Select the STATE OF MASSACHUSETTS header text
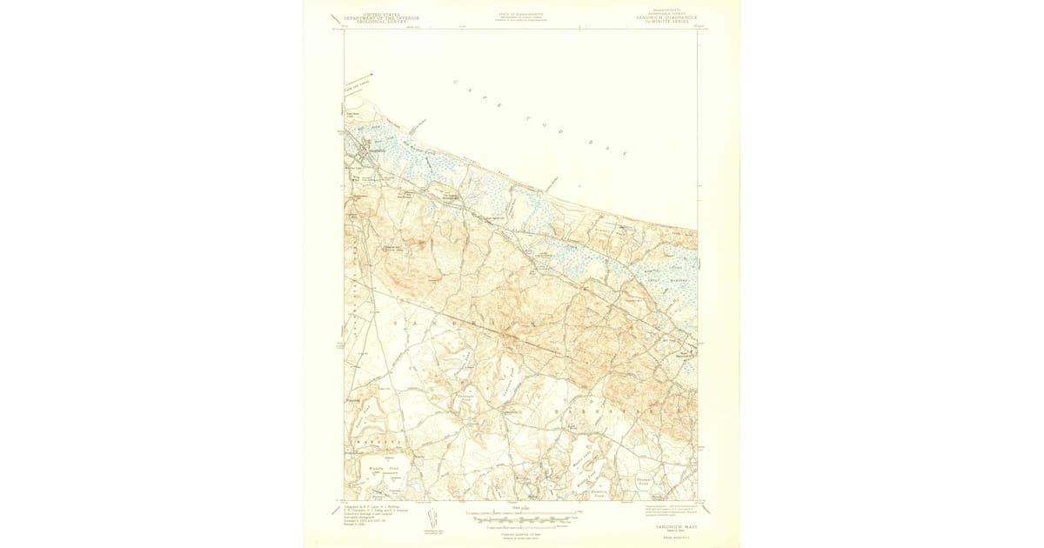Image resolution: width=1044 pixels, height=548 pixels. [x=519, y=15]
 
